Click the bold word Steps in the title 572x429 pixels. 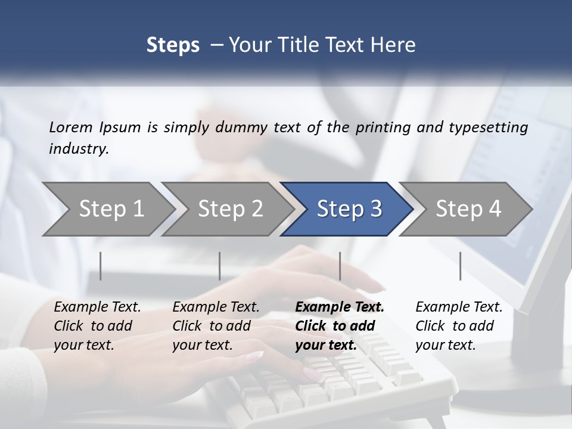point(173,45)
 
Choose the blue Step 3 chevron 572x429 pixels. point(349,209)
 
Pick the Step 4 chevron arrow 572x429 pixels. point(468,209)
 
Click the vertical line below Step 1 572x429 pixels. point(101,266)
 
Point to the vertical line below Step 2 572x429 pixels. point(220,266)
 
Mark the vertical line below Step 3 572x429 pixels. point(340,266)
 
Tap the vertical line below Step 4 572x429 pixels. point(460,266)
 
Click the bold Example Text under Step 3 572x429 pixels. point(340,326)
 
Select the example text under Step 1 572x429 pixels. point(97,326)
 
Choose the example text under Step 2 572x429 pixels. point(216,326)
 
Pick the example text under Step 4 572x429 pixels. point(459,326)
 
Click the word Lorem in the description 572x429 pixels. point(71,127)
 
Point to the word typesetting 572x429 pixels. point(490,127)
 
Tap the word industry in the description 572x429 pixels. point(79,149)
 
